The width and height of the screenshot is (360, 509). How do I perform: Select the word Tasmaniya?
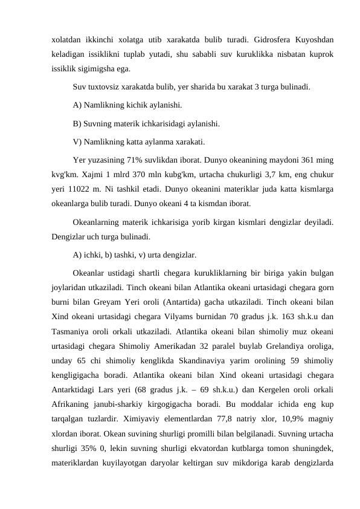coord(70,332)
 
